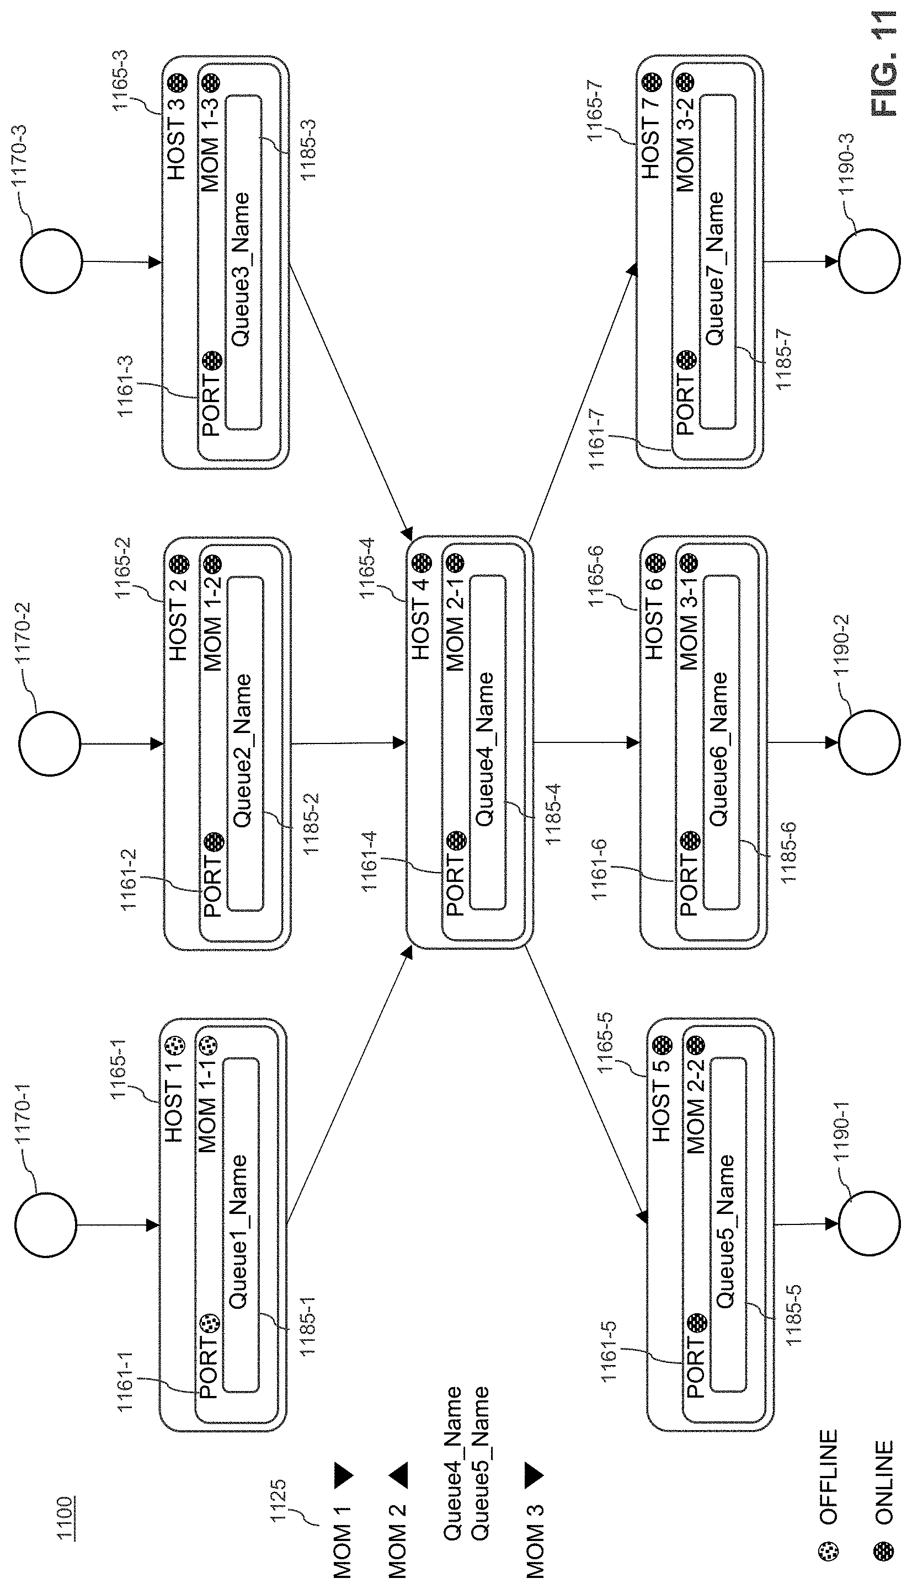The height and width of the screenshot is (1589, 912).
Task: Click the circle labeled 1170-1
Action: tap(45, 1224)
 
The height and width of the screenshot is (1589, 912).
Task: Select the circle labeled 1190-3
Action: tap(869, 261)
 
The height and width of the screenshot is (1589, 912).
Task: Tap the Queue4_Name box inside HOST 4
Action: tap(487, 742)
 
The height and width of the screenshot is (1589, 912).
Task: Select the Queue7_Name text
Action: tap(714, 269)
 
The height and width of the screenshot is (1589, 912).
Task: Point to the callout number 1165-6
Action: tap(595, 575)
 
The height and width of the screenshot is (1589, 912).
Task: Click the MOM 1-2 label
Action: tap(212, 624)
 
